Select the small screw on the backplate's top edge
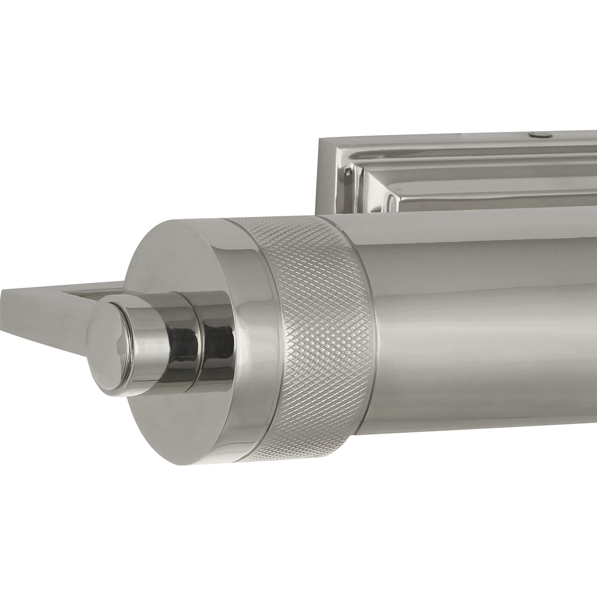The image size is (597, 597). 537,135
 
